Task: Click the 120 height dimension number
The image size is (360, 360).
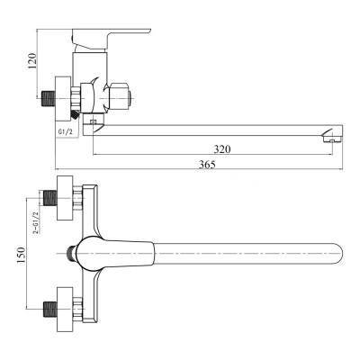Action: (x=32, y=61)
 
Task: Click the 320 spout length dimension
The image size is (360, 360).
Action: (x=222, y=148)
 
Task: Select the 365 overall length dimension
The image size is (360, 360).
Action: (x=207, y=165)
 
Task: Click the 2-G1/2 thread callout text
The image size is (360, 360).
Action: (x=36, y=222)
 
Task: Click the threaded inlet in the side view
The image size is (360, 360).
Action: (x=48, y=98)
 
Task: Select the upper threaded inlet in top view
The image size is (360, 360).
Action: (x=50, y=198)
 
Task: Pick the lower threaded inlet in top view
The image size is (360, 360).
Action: (x=50, y=310)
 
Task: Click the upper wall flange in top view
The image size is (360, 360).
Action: (x=65, y=198)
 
